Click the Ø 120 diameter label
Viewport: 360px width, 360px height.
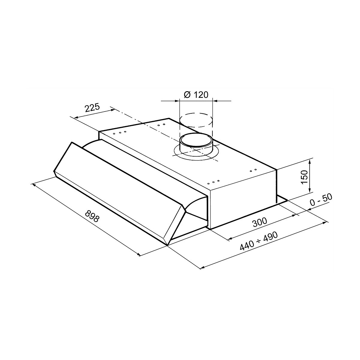coord(196,95)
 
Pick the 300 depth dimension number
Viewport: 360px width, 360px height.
coord(260,222)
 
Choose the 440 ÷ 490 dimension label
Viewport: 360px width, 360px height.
coord(259,241)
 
